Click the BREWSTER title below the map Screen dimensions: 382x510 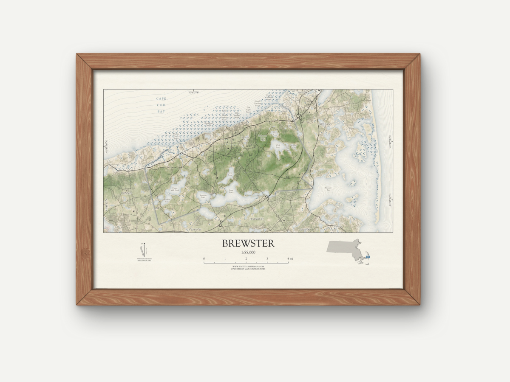click(248, 243)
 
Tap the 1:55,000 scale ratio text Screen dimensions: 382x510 click(248, 252)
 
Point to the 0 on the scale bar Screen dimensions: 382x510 click(204, 258)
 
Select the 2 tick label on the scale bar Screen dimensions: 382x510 click(246, 258)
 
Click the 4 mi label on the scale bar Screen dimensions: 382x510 click(290, 258)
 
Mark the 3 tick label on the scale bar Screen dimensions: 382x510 click(267, 258)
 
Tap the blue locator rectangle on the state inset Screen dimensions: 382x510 click(367, 257)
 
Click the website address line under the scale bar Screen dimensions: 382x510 click(248, 267)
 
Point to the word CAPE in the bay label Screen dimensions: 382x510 click(161, 98)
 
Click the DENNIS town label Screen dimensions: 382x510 click(127, 193)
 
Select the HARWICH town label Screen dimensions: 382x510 click(257, 218)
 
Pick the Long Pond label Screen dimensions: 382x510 click(231, 192)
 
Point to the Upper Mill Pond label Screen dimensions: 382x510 click(174, 190)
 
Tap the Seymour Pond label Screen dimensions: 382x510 click(203, 196)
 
